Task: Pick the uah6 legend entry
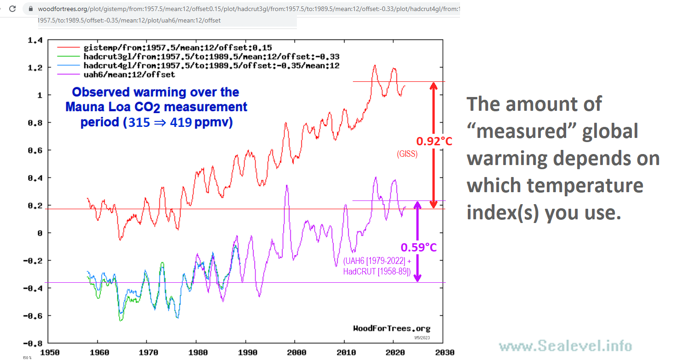point(129,74)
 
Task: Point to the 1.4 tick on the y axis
point(35,41)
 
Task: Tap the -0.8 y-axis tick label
point(33,343)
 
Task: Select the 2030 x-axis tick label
point(443,353)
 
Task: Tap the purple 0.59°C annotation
point(419,248)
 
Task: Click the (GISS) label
point(407,154)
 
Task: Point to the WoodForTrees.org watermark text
point(392,328)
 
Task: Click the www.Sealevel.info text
point(565,346)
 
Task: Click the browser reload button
point(12,9)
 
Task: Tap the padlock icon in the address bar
point(31,9)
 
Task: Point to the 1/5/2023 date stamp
point(421,337)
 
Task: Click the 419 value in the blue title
point(180,123)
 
